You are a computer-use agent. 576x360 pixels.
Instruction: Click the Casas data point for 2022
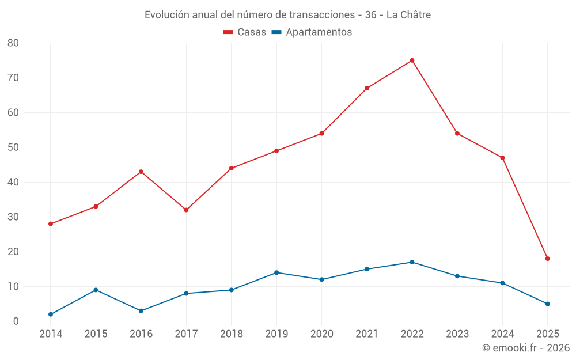click(x=412, y=60)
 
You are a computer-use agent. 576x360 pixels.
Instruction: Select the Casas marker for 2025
click(x=547, y=259)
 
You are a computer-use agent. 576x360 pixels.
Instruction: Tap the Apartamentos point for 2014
click(x=51, y=314)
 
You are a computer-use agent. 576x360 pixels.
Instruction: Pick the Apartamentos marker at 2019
click(x=276, y=272)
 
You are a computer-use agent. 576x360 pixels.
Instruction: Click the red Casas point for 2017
click(x=186, y=210)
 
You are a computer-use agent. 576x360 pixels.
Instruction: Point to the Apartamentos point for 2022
click(x=412, y=262)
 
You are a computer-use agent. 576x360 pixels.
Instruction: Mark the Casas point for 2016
click(x=141, y=172)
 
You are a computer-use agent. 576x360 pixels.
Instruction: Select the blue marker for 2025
click(x=547, y=304)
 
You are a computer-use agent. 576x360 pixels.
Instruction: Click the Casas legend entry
click(x=245, y=32)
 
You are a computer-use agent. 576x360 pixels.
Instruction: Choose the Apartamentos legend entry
click(x=312, y=32)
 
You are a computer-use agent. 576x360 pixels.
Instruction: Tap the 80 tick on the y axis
click(x=13, y=43)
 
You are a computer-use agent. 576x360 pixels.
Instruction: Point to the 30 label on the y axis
click(x=13, y=217)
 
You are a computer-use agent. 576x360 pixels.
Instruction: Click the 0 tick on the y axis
click(x=16, y=321)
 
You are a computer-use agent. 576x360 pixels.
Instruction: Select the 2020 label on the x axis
click(x=321, y=334)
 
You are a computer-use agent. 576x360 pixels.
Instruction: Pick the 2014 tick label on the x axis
click(x=51, y=334)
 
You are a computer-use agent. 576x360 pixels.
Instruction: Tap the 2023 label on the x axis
click(x=457, y=334)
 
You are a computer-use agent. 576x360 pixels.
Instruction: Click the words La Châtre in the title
click(x=408, y=15)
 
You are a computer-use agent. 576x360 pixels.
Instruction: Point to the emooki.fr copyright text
click(x=525, y=348)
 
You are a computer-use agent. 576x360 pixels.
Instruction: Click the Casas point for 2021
click(x=367, y=88)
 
